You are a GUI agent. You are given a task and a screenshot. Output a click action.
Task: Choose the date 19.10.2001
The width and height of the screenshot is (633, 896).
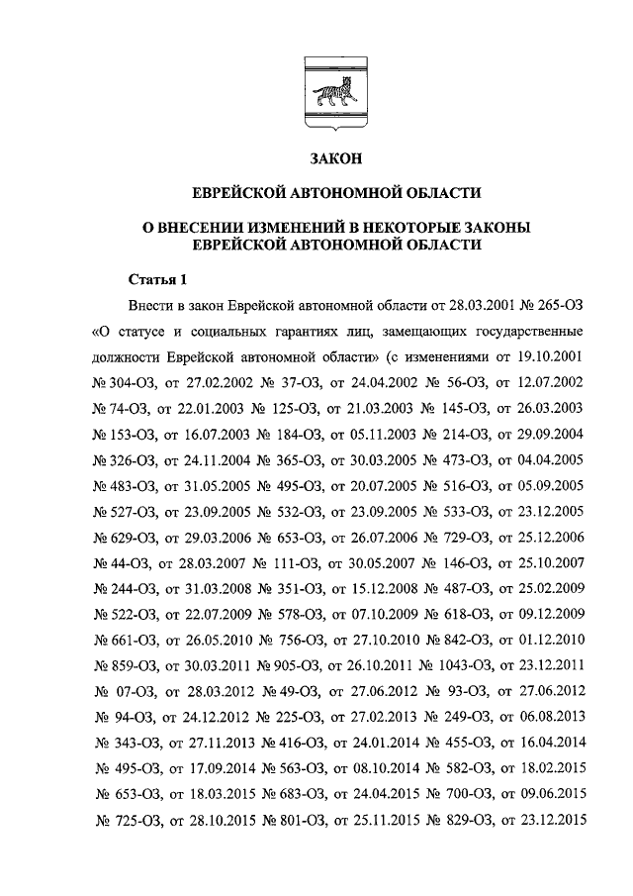[549, 354]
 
